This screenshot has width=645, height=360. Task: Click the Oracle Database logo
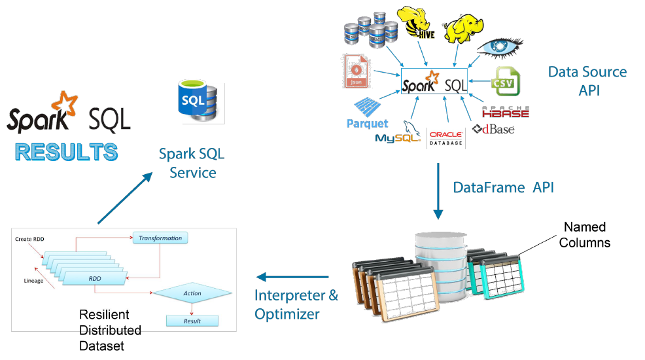tap(445, 137)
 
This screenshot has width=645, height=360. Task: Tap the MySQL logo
tap(398, 135)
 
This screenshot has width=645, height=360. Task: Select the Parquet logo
tap(368, 115)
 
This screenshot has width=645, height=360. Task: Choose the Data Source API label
tap(587, 81)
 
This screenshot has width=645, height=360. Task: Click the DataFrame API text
tap(503, 188)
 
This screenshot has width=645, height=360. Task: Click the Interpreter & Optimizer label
tap(296, 304)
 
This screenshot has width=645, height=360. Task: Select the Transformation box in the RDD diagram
tap(160, 238)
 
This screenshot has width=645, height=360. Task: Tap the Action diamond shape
tap(192, 293)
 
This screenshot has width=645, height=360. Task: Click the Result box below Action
tap(192, 321)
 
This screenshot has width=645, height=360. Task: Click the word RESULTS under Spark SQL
tap(66, 152)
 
